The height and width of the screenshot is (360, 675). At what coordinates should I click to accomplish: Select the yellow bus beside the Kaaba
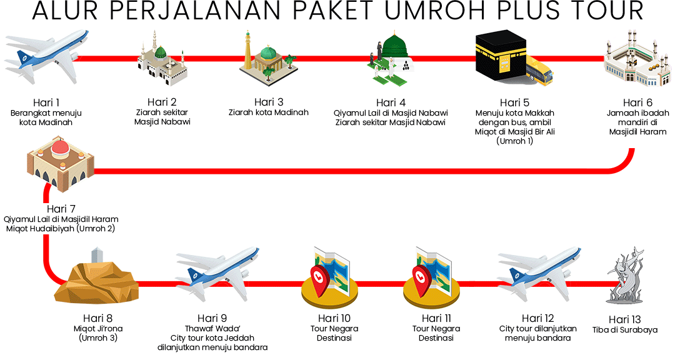(x=539, y=70)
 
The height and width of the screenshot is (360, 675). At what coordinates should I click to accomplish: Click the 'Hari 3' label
(x=269, y=102)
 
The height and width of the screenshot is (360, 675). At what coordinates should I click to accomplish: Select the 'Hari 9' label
(x=212, y=318)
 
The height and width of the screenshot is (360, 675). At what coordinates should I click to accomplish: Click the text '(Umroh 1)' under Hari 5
(x=514, y=141)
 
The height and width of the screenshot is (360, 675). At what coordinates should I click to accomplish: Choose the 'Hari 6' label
(x=637, y=102)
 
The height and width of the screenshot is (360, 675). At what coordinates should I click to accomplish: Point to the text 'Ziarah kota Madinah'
(x=269, y=112)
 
